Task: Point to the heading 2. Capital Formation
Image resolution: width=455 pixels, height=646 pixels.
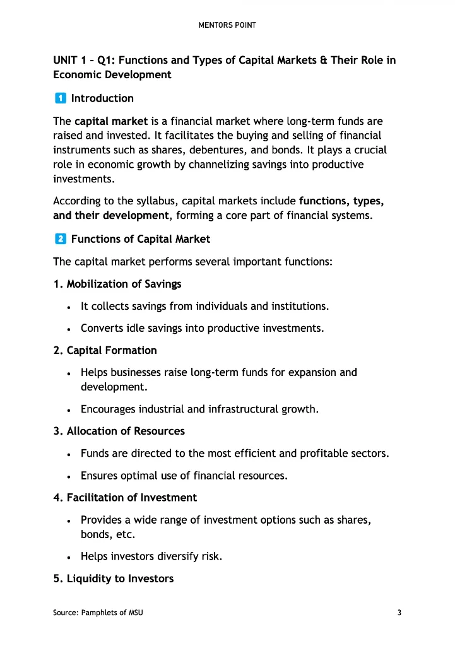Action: click(x=105, y=350)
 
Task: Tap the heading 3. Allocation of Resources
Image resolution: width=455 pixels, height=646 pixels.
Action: click(x=119, y=432)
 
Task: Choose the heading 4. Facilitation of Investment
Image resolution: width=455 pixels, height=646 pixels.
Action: click(x=125, y=498)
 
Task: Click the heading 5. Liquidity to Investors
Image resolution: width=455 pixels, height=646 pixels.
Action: click(x=114, y=578)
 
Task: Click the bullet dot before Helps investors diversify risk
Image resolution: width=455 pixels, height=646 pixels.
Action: click(x=68, y=557)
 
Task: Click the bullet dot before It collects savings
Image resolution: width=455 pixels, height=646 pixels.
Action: click(x=68, y=307)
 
